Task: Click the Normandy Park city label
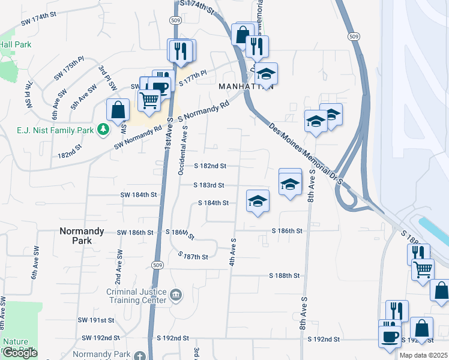point(82,235)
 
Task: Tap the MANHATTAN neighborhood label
point(246,86)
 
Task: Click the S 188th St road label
point(284,275)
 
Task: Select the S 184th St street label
point(214,203)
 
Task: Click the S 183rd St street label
point(209,185)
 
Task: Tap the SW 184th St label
point(138,195)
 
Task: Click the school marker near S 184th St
point(258,200)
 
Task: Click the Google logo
point(19,353)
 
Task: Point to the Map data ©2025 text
point(423,355)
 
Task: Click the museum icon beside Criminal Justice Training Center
point(176,294)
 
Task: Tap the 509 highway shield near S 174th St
point(173,20)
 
